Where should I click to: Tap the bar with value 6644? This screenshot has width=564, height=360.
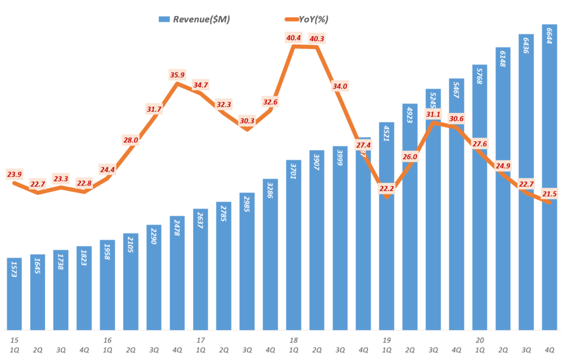[549, 176]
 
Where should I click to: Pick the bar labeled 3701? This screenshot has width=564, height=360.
[294, 245]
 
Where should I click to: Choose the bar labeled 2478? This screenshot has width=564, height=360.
[177, 272]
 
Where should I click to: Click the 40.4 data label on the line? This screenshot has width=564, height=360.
[293, 38]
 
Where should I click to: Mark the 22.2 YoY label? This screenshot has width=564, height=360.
[386, 188]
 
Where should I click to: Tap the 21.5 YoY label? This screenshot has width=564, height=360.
[549, 193]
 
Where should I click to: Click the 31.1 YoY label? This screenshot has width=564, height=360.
[433, 114]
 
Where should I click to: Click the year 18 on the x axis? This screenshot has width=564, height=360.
[294, 340]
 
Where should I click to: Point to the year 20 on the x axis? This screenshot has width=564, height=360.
[480, 340]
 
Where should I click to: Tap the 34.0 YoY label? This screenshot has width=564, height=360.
[340, 86]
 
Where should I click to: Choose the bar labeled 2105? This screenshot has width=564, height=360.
[131, 281]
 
